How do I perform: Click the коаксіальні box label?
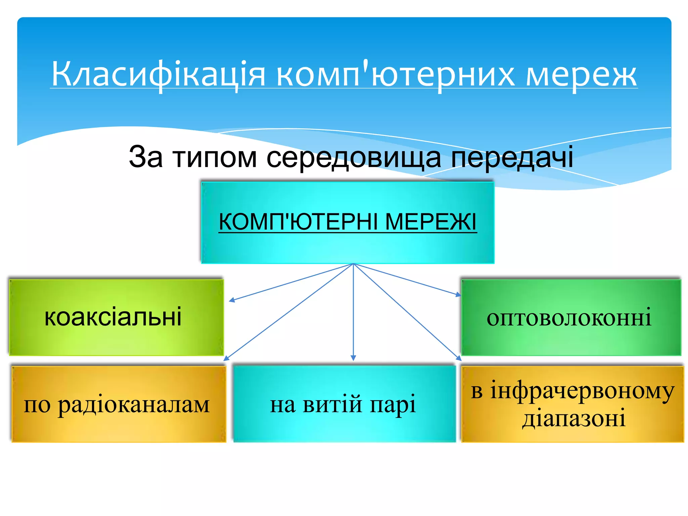click(113, 317)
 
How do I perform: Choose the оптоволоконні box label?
click(569, 317)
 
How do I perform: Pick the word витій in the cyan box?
click(332, 404)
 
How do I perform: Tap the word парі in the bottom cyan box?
click(393, 404)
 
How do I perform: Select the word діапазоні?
click(574, 418)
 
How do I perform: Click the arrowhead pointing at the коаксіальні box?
click(231, 300)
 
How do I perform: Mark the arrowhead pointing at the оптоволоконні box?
click(459, 295)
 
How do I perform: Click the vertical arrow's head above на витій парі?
click(353, 358)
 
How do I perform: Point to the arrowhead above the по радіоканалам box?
click(226, 358)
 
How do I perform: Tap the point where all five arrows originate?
click(353, 264)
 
